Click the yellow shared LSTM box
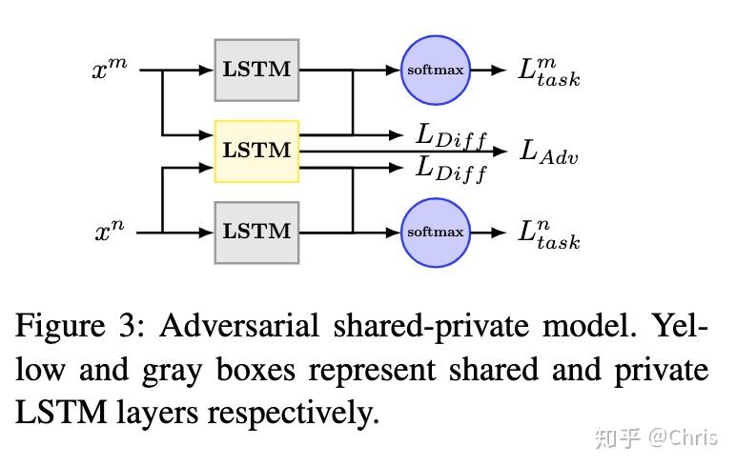tap(256, 151)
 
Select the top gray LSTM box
tap(256, 70)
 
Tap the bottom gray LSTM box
tap(256, 232)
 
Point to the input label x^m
tap(110, 70)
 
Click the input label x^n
tap(110, 232)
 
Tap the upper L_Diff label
tap(451, 135)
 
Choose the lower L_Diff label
tap(451, 169)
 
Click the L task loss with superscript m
tap(548, 71)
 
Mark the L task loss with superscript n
tap(548, 233)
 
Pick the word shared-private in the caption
tap(425, 327)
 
